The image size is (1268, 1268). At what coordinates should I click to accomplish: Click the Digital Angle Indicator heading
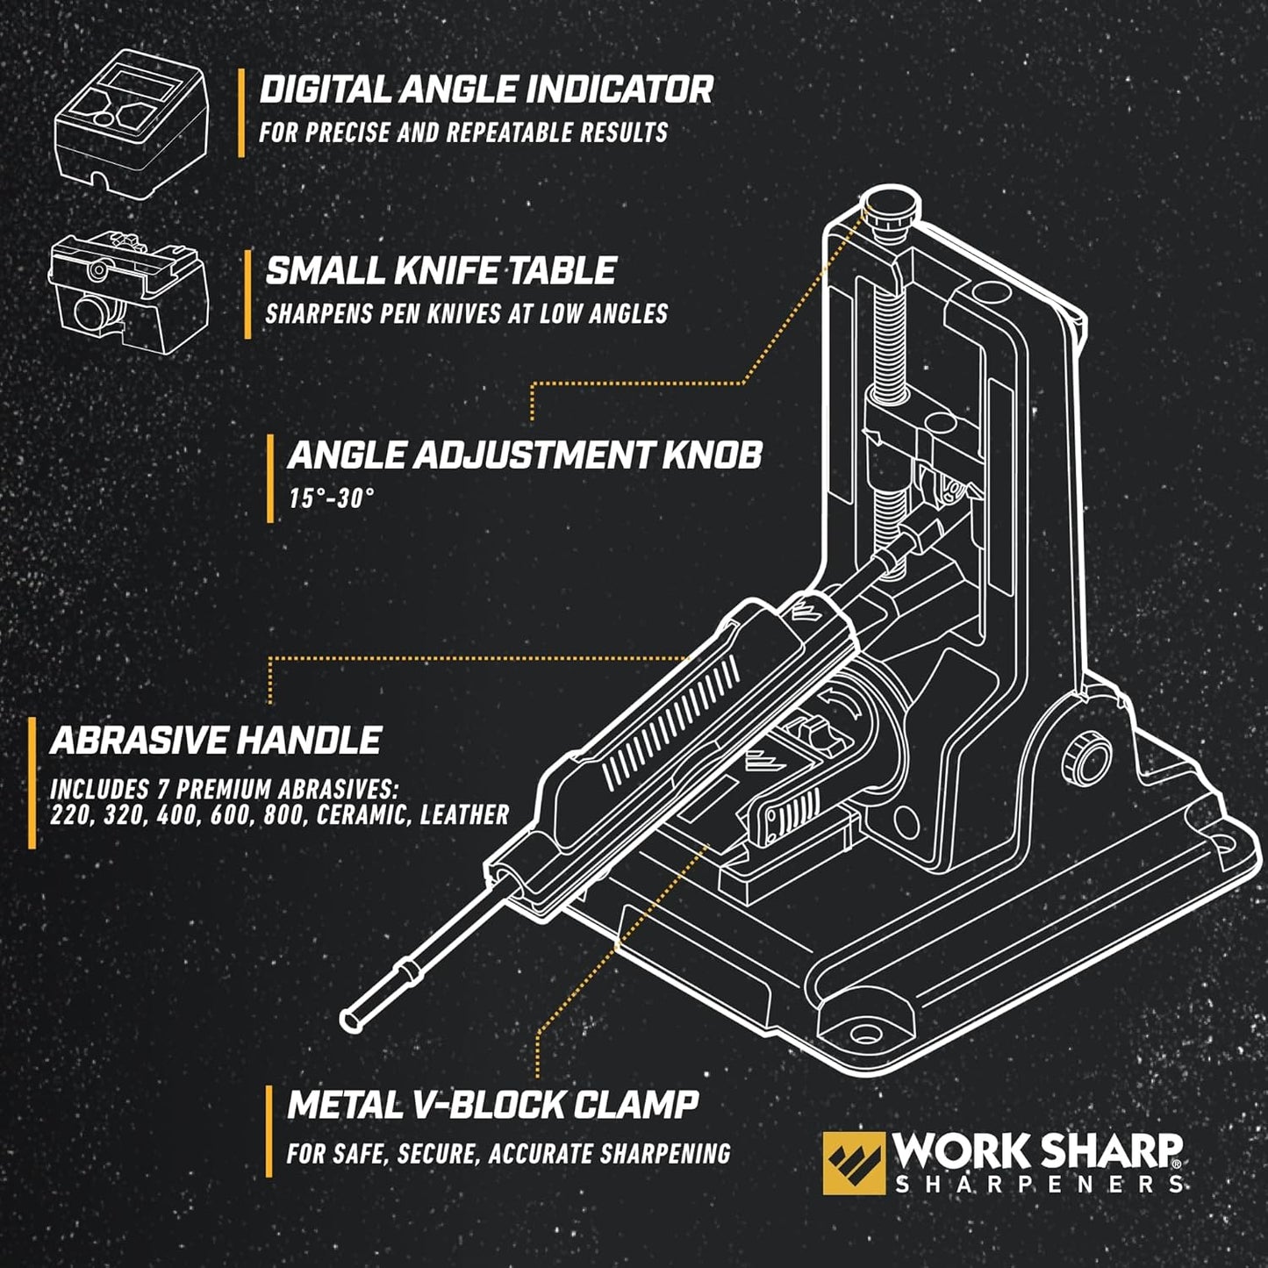485,90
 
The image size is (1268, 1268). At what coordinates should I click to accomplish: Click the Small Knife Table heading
441,271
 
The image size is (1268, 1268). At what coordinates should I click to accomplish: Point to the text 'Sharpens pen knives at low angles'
466,314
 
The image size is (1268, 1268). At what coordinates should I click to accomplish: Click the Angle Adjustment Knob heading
524,455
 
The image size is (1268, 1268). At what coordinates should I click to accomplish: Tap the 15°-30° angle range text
331,498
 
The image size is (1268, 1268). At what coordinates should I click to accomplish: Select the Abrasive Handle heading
216,741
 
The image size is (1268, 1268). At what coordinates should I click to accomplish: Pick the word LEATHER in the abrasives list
464,815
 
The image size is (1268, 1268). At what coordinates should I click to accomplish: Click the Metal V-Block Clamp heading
492,1105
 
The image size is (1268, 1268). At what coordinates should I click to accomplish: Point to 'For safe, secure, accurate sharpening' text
508,1153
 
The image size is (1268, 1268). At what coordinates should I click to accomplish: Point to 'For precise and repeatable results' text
462,133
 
